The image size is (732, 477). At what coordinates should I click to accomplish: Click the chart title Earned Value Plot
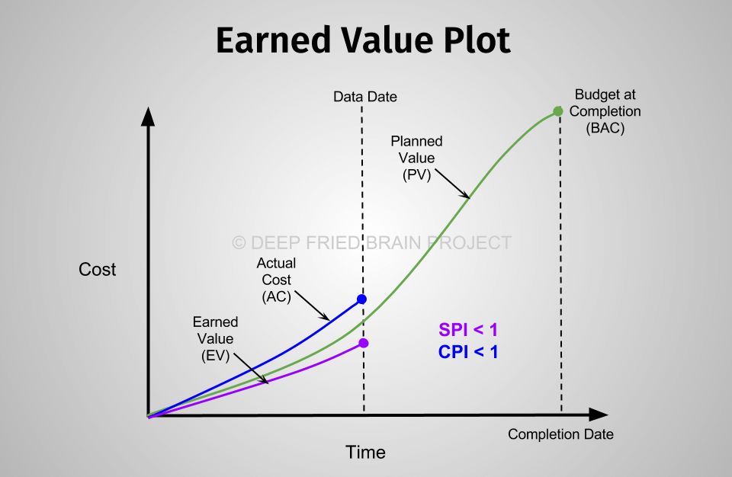[363, 40]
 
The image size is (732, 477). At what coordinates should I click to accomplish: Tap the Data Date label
[365, 97]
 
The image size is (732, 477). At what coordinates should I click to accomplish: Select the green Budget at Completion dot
[558, 111]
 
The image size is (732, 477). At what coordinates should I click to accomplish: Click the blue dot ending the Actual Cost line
[361, 299]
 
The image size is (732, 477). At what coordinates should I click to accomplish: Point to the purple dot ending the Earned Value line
[364, 343]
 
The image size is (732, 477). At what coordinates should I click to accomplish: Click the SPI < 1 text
[468, 329]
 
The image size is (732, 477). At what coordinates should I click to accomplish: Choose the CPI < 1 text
[468, 351]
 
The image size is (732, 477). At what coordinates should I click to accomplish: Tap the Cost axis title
[97, 269]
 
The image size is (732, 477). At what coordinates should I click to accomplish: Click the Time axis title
[365, 453]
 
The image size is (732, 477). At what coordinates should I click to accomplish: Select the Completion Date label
[560, 434]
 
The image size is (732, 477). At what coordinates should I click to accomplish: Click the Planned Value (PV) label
[416, 158]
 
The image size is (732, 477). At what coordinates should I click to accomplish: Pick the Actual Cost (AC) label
[276, 280]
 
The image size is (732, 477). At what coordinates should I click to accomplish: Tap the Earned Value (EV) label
[215, 338]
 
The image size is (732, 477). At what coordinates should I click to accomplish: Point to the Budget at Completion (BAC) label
[605, 111]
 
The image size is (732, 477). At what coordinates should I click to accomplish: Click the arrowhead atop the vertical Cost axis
[148, 117]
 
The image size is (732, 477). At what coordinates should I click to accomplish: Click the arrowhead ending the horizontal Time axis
[599, 415]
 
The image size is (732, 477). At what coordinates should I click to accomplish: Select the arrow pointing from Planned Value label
[452, 184]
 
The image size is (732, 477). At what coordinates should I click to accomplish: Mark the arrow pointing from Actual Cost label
[313, 306]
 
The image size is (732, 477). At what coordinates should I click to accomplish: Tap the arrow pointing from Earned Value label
[251, 369]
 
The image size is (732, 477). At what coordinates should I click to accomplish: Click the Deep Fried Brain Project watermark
[371, 243]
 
